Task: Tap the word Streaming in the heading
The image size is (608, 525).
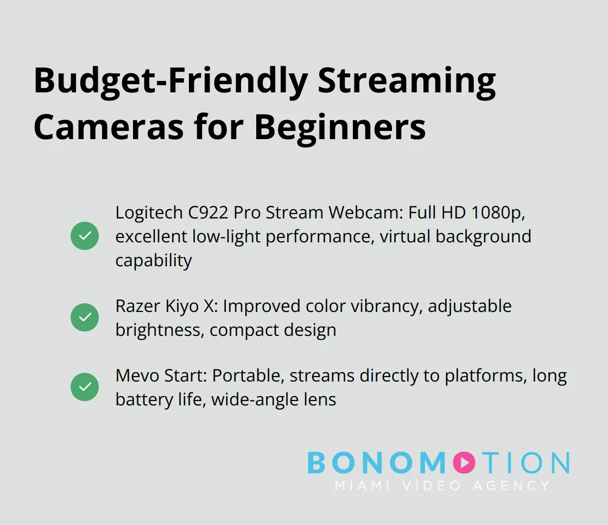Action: point(406,82)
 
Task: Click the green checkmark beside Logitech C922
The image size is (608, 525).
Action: point(85,236)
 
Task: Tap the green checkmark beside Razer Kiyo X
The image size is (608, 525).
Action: point(85,317)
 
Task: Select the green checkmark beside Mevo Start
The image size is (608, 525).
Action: point(85,387)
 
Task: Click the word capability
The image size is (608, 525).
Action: point(154,260)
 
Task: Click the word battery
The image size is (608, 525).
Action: point(140,399)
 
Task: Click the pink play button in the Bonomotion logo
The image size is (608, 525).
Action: point(463,462)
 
